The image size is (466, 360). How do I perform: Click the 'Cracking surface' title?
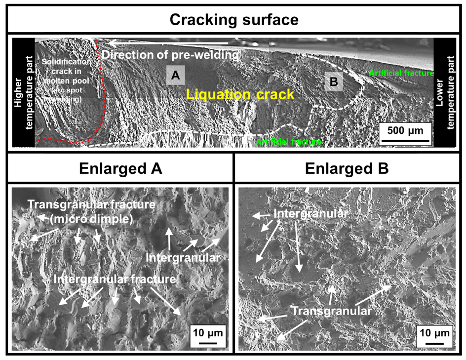(233, 20)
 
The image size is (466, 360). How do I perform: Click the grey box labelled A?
(175, 76)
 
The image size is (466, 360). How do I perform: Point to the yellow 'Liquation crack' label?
(240, 94)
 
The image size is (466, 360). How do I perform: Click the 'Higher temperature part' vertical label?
(23, 92)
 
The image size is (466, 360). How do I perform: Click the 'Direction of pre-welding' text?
(171, 55)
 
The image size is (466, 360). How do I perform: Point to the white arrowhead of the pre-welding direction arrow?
(112, 43)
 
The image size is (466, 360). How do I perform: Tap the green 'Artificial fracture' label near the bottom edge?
(289, 142)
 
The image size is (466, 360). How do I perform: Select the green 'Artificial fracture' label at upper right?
(401, 73)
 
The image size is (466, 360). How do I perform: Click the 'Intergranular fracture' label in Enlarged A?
(115, 279)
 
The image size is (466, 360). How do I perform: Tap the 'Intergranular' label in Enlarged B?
(311, 214)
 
